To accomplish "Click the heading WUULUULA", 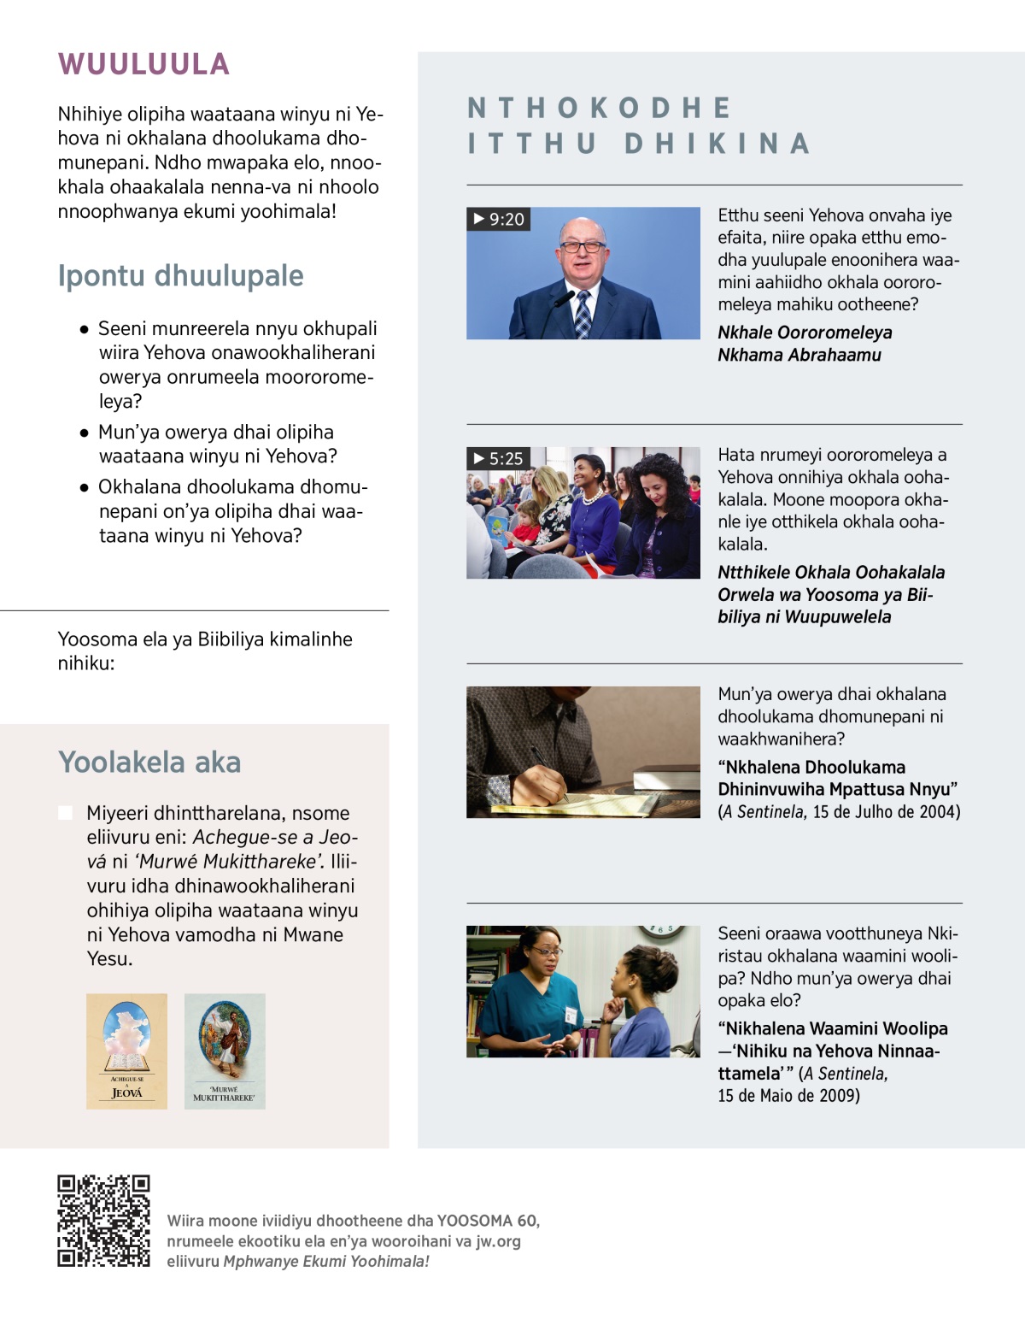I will point(143,64).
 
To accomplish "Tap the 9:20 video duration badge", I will point(499,220).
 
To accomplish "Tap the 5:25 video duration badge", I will point(498,459).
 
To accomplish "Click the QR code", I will point(103,1221).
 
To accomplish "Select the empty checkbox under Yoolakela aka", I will point(66,812).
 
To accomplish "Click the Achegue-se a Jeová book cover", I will point(126,1051).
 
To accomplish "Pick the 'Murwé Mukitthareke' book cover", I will point(225,1051).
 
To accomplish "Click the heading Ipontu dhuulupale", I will point(180,275).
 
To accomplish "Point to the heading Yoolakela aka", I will point(149,762).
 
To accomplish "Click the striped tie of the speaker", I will point(583,314).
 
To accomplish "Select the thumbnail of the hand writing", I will point(583,752).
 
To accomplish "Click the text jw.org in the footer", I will point(498,1241).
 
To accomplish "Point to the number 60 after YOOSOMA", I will point(527,1221).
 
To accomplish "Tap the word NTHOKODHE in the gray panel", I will point(600,108).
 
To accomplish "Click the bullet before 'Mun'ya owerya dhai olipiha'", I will point(84,433).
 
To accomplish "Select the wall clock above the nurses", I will point(660,931).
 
